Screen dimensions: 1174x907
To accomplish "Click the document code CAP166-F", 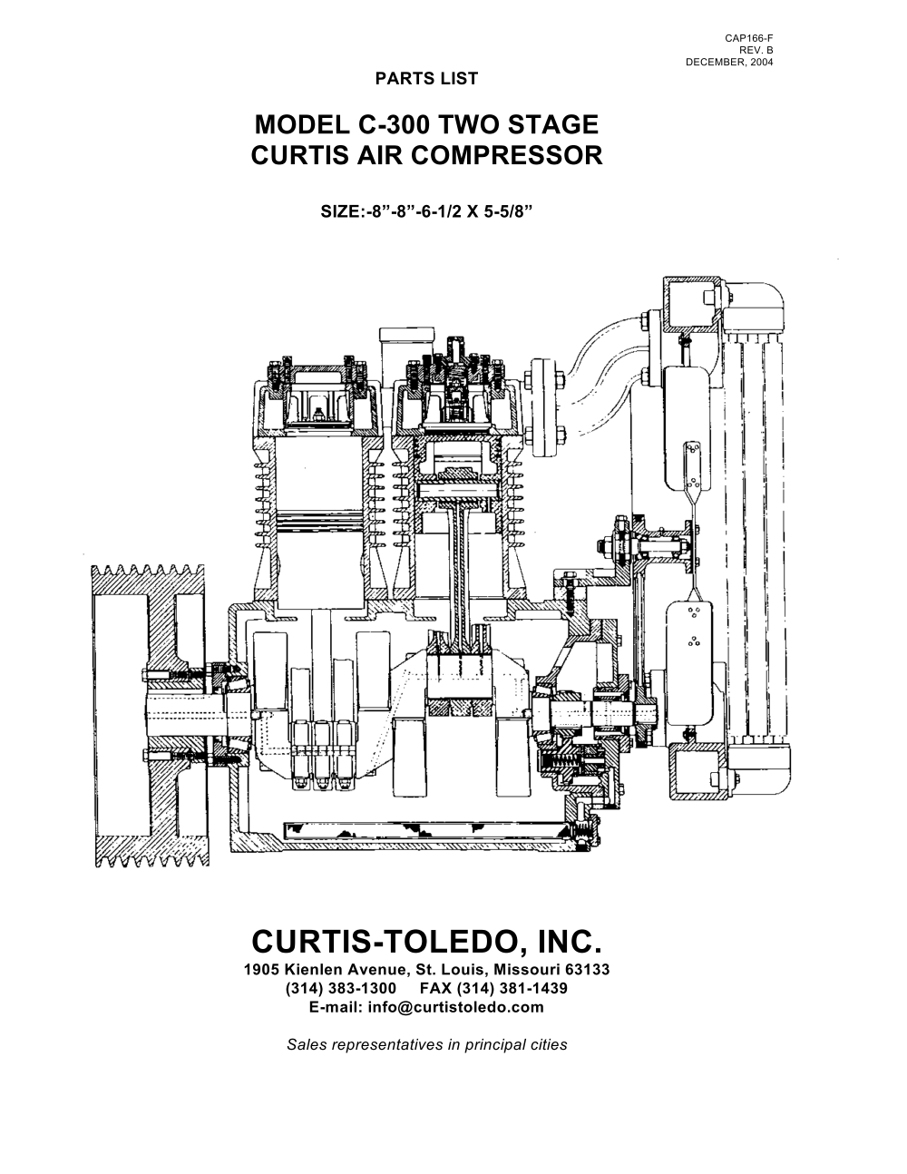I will point(748,38).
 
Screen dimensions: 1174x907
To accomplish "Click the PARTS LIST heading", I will point(425,78).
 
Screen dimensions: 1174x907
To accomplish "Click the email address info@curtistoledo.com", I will point(425,1007).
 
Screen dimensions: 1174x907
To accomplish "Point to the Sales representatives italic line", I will point(425,1044).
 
